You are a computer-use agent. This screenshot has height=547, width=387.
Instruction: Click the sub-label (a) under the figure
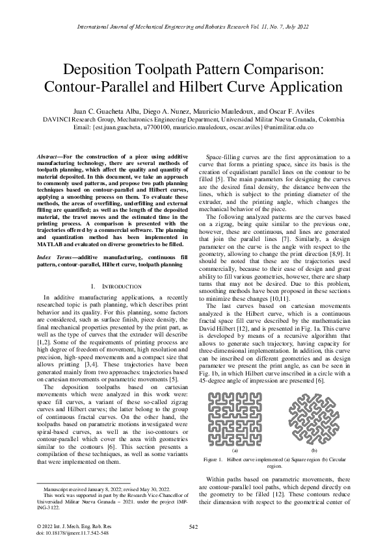tap(235, 450)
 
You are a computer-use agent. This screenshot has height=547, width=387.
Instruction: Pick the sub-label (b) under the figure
tap(315, 450)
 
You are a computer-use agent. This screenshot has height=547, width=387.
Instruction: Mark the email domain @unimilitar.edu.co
tap(288, 128)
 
